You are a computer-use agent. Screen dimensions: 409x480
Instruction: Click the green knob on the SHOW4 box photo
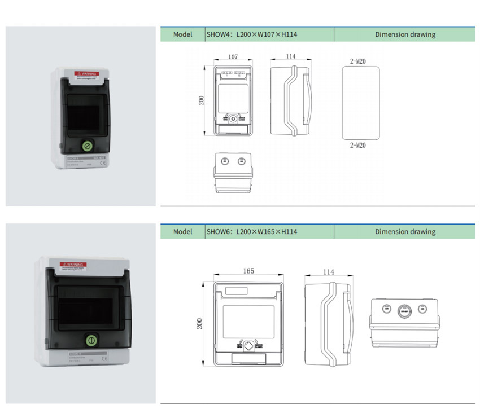click(x=87, y=146)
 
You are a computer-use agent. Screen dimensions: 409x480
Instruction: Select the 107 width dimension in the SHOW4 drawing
click(x=233, y=57)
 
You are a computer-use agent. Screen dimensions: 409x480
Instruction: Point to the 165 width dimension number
click(x=248, y=271)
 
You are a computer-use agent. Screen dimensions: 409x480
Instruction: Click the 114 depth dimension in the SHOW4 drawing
click(x=290, y=56)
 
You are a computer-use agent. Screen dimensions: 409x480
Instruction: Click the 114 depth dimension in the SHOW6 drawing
click(x=328, y=271)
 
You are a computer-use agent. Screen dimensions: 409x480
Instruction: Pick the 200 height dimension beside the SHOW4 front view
click(x=201, y=100)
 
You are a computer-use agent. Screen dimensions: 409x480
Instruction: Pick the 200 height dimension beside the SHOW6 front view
click(x=199, y=323)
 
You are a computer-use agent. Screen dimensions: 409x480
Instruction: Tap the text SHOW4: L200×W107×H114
click(x=252, y=34)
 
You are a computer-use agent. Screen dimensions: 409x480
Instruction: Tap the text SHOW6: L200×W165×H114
click(x=252, y=231)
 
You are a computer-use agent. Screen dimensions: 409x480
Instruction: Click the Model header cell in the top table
click(x=183, y=34)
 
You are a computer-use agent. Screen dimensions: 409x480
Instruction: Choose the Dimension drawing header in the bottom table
click(x=405, y=231)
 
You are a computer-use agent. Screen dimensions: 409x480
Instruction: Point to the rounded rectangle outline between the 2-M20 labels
click(x=361, y=103)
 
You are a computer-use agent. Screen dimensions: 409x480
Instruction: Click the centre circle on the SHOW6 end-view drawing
click(x=404, y=309)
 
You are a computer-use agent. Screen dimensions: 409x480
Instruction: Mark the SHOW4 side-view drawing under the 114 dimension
click(x=290, y=100)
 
